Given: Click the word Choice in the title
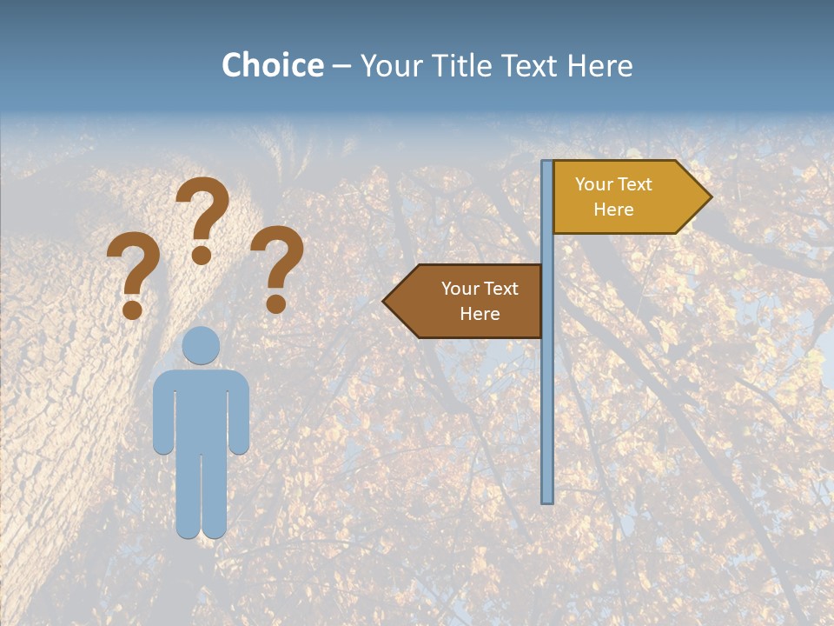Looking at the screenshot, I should pos(272,65).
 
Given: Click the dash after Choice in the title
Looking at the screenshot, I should pos(341,66).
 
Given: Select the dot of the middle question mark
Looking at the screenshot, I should pos(202,255).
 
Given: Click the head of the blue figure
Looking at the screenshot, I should pos(201,345).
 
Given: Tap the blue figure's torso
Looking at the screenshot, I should pos(201,409).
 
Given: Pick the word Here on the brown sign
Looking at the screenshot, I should pos(480,314).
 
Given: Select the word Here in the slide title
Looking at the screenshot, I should pos(599,65).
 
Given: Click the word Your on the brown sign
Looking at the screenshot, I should pos(460,289).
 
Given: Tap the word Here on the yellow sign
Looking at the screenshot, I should pos(613,210).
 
